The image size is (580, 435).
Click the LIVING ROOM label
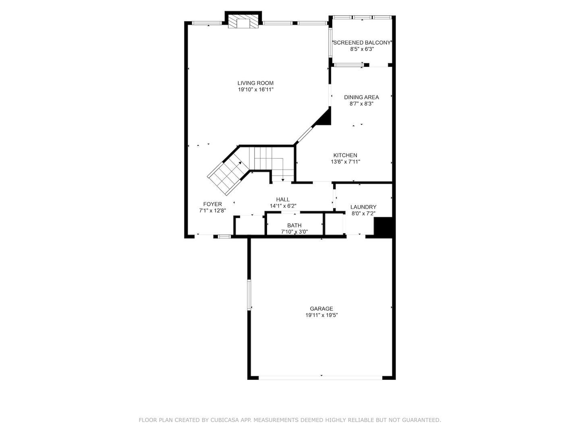(x=255, y=83)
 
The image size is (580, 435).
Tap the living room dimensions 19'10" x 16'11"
(x=255, y=90)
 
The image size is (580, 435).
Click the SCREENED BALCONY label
(x=362, y=43)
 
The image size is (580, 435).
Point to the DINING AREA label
(x=361, y=97)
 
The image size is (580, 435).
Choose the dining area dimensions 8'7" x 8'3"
(x=361, y=104)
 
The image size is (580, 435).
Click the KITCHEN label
(x=345, y=155)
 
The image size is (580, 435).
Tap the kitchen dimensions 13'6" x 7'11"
(x=345, y=162)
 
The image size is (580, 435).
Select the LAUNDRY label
(x=363, y=207)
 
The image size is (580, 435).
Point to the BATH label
(x=294, y=226)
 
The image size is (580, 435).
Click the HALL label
(x=283, y=199)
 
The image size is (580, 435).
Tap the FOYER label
(x=212, y=204)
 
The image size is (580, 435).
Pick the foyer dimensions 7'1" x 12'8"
(x=212, y=211)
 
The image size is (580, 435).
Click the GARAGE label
(x=321, y=309)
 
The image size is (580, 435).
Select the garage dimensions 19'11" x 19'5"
(x=321, y=315)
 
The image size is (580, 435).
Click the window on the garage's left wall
(x=249, y=295)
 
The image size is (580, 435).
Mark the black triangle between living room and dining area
(x=325, y=118)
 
